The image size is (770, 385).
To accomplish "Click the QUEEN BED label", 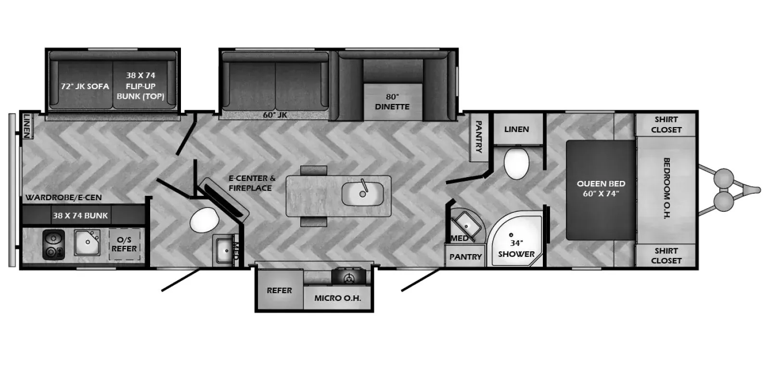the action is (x=601, y=189).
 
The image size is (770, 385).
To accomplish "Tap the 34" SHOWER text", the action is (x=516, y=248).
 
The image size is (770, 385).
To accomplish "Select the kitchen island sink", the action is (x=362, y=193).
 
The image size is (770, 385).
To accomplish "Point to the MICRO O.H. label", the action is (x=337, y=298).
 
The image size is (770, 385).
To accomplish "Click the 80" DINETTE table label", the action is (x=392, y=102).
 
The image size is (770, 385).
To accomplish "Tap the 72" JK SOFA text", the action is (x=85, y=86).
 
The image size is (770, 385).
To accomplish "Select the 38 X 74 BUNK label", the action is (x=80, y=216).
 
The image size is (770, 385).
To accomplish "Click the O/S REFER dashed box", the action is (x=124, y=244).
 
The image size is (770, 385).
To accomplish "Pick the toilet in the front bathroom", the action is (x=516, y=163).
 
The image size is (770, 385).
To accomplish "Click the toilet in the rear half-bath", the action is (x=205, y=220).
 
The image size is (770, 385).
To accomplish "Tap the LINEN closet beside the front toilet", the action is (x=517, y=129).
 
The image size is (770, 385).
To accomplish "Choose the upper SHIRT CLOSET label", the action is (x=666, y=125).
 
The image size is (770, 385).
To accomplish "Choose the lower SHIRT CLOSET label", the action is (x=666, y=256).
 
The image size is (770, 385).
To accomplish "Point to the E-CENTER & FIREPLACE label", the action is (x=252, y=183).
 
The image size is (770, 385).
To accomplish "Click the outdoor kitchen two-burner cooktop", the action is (x=53, y=245).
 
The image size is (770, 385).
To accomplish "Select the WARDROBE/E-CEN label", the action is (x=64, y=197).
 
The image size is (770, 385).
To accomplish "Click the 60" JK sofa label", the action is (x=275, y=115).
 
